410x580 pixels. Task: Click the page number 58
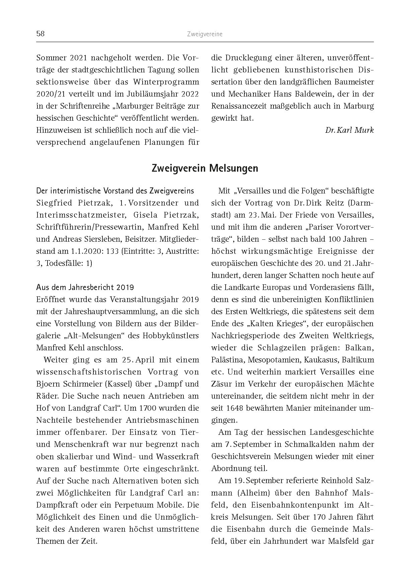pyautogui.click(x=40, y=34)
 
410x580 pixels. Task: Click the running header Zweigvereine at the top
pyautogui.click(x=204, y=34)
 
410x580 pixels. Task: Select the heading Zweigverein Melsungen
pyautogui.click(x=205, y=168)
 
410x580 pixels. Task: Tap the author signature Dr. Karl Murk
pyautogui.click(x=349, y=130)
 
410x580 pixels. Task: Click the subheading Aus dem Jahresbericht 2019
pyautogui.click(x=85, y=287)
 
